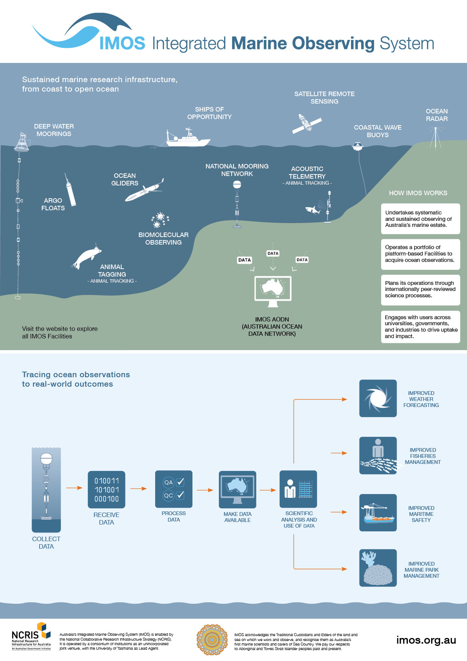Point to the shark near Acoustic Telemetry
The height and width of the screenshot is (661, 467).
pos(312,210)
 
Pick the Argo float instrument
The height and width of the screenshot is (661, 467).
pos(71,191)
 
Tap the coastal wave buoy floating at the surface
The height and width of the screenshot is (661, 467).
pos(357,145)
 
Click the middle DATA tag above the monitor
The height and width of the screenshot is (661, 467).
pos(273,254)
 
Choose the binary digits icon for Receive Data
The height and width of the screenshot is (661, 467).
pos(107,490)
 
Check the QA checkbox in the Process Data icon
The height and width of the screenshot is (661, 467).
pos(180,482)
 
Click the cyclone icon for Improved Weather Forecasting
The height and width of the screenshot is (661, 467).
pos(378,398)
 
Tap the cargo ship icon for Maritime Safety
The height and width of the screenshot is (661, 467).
pos(378,513)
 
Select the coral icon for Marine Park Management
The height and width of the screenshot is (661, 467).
pos(378,568)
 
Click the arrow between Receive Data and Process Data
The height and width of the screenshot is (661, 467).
pos(139,488)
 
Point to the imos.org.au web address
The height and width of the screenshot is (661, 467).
pos(426,640)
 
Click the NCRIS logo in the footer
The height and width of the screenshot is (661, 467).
pos(31,637)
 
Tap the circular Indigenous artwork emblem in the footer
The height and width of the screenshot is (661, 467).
pos(212,640)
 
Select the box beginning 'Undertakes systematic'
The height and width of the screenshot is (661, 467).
pos(420,219)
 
